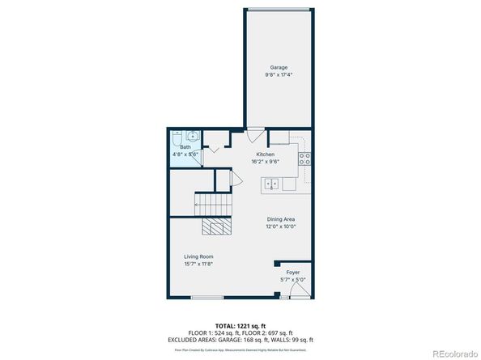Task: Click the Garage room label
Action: [279, 67]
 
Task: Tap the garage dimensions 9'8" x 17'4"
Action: [279, 74]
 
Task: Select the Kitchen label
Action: [266, 154]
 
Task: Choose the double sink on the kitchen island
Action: [272, 184]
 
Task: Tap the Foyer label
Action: [293, 273]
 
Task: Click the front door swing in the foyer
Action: [300, 289]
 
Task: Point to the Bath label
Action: [185, 147]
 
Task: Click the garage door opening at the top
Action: [279, 10]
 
